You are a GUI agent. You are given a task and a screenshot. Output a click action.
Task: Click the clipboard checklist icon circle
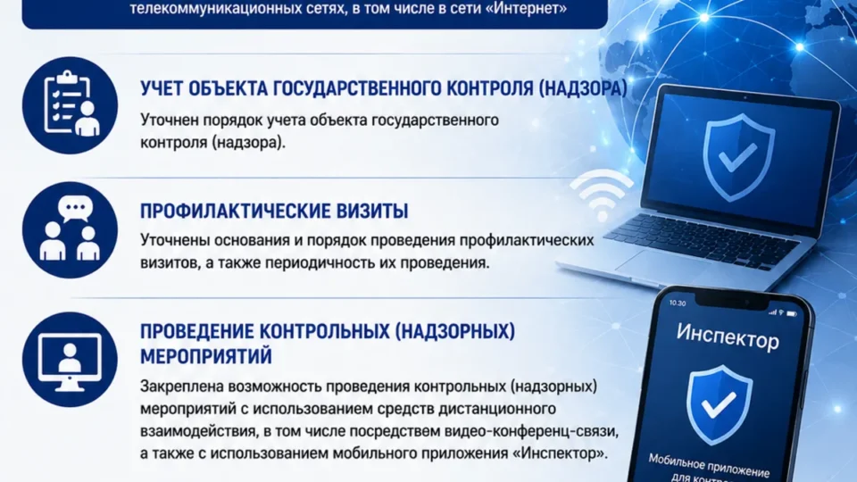pyautogui.click(x=70, y=105)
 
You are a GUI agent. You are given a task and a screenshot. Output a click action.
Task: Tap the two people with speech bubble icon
pyautogui.click(x=70, y=229)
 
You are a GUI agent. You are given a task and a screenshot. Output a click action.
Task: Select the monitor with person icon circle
pyautogui.click(x=70, y=360)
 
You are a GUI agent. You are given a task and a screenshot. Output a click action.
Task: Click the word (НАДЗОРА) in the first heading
pyautogui.click(x=583, y=88)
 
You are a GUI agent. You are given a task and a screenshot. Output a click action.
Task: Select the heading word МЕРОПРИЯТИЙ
pyautogui.click(x=206, y=356)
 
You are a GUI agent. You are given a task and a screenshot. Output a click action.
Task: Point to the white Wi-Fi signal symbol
pyautogui.click(x=601, y=195)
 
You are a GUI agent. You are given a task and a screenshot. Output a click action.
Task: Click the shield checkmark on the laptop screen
pyautogui.click(x=738, y=157)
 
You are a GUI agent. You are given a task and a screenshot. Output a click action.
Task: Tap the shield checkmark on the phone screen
pyautogui.click(x=718, y=405)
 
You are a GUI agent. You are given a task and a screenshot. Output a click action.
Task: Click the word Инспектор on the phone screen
pyautogui.click(x=728, y=337)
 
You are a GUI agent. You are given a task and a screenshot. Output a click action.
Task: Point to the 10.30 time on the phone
pyautogui.click(x=678, y=303)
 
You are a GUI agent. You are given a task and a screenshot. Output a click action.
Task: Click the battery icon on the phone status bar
pyautogui.click(x=792, y=314)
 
